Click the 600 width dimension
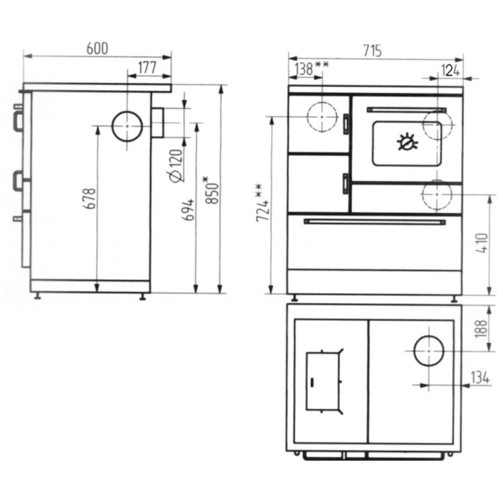[97, 49]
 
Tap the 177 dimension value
[147, 68]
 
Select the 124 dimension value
[450, 71]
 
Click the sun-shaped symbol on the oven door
[407, 141]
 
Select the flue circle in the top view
[429, 351]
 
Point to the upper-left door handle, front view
[346, 123]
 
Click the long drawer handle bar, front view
[375, 222]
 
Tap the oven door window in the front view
[407, 143]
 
